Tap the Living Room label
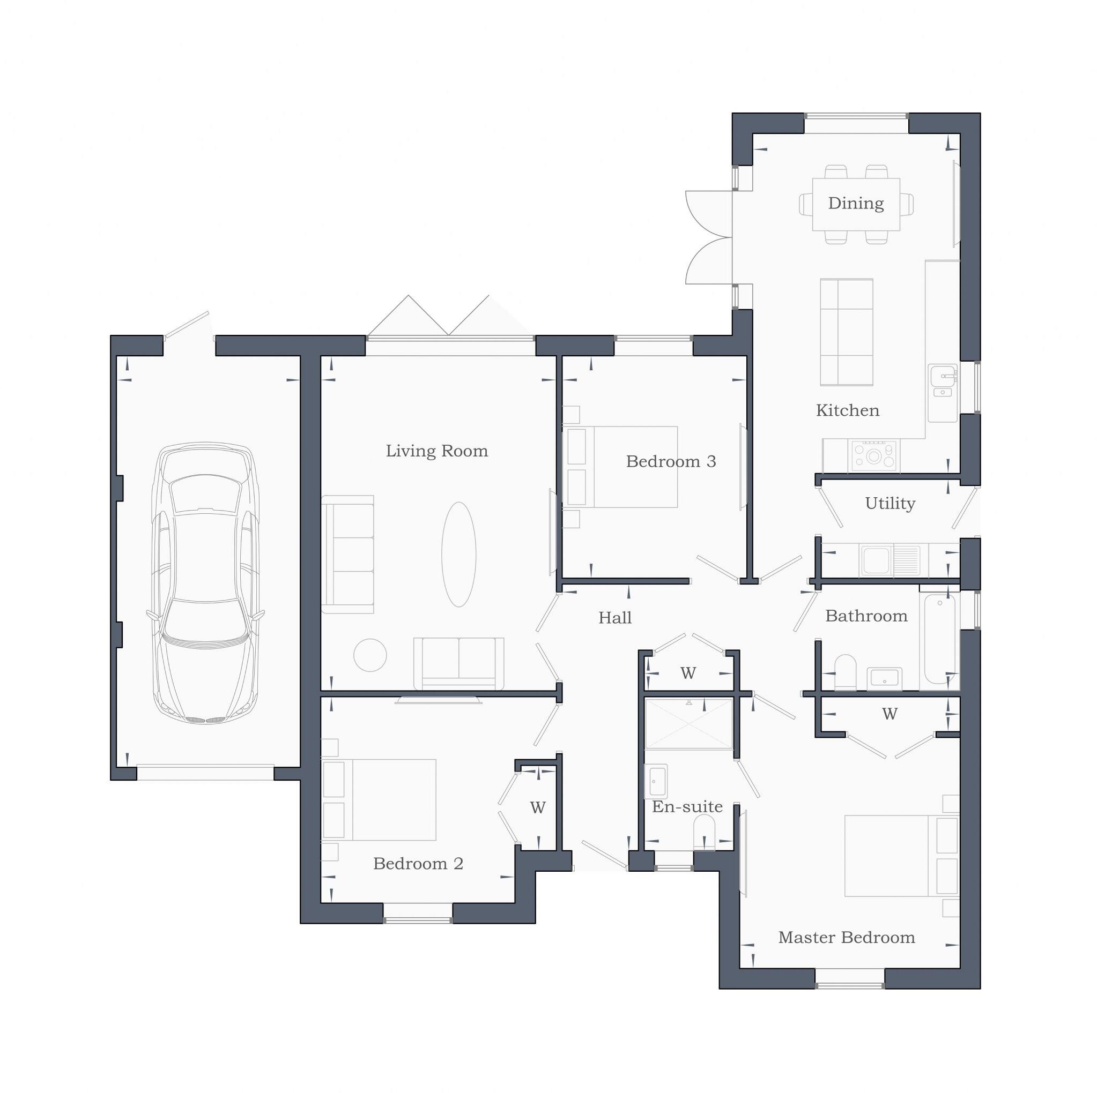(x=436, y=451)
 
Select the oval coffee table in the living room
(x=459, y=555)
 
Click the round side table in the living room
(x=370, y=655)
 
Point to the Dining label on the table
(x=856, y=203)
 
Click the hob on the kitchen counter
(x=874, y=456)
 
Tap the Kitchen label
(x=847, y=410)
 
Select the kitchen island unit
(x=846, y=332)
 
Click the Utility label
(x=890, y=504)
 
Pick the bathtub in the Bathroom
(x=940, y=639)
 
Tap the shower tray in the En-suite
(x=689, y=724)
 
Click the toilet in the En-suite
(x=705, y=833)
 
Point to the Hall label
(x=615, y=618)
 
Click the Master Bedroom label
(x=846, y=938)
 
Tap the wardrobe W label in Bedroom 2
(x=538, y=807)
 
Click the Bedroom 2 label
(x=418, y=864)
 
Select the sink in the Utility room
(x=876, y=560)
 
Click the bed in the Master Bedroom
(x=900, y=856)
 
